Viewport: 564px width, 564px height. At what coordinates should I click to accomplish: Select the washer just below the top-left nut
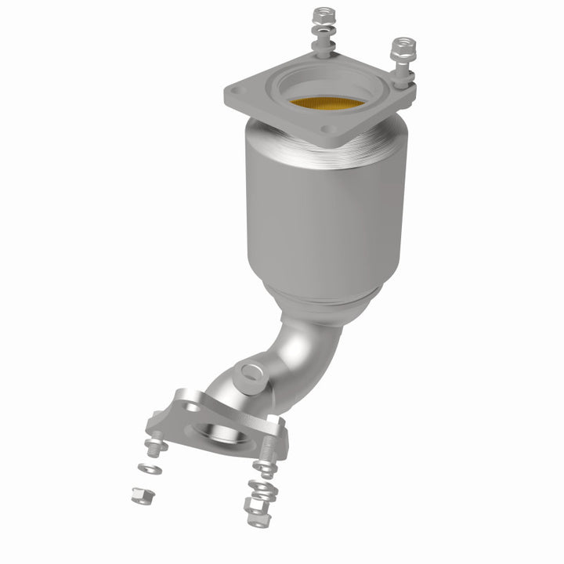(x=322, y=33)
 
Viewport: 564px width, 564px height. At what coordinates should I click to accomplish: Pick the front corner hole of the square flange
(x=330, y=129)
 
